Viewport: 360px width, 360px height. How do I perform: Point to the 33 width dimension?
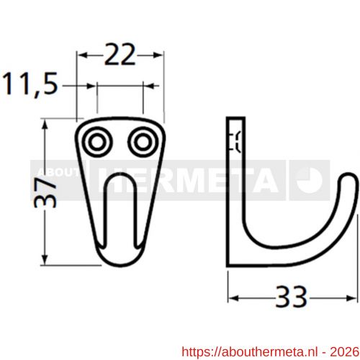tap(292, 295)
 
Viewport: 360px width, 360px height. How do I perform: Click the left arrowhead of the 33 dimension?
tap(232, 295)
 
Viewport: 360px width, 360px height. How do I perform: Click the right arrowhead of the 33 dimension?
tap(351, 295)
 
